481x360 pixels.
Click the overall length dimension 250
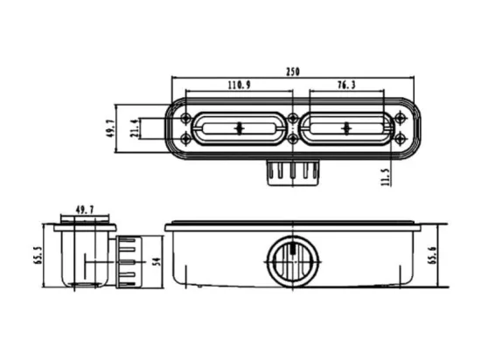[x=293, y=72]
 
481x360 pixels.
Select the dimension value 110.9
[x=239, y=85]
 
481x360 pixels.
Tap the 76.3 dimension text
[x=346, y=85]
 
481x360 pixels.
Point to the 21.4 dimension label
[x=135, y=128]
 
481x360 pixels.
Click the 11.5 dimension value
[x=386, y=177]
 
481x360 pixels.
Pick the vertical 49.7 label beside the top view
[x=111, y=128]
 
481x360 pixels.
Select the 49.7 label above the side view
[x=85, y=210]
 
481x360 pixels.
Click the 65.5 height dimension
[x=38, y=255]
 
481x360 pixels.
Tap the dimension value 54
[x=157, y=261]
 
